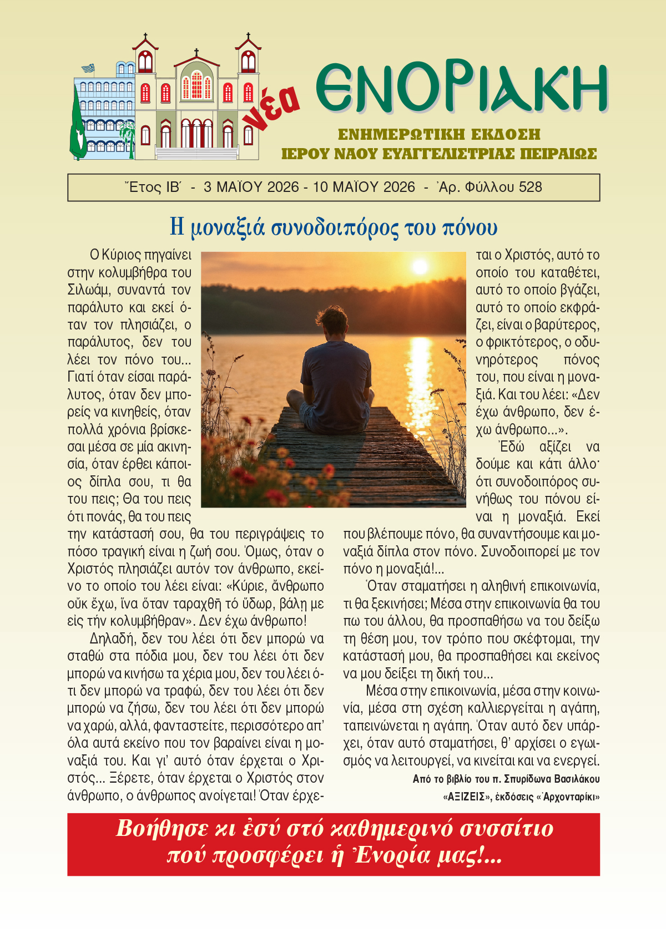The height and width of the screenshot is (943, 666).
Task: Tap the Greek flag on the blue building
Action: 88,68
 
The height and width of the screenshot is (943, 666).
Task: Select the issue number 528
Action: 530,187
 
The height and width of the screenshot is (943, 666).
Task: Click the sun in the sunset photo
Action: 420,267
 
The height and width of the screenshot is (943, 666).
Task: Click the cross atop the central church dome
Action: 196,53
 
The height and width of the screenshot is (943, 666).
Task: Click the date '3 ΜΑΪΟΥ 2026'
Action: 251,187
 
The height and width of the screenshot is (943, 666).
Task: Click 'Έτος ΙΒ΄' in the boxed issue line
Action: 153,187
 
